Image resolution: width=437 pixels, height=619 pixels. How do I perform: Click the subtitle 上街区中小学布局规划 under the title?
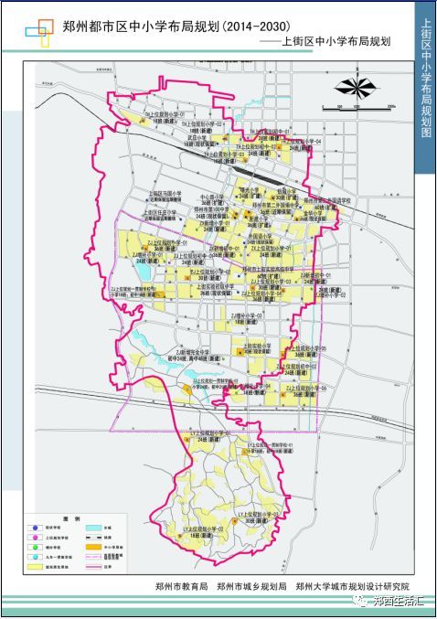tap(337, 42)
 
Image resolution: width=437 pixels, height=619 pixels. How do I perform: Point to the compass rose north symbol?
tap(354, 87)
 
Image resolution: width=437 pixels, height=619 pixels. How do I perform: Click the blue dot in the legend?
tap(34, 528)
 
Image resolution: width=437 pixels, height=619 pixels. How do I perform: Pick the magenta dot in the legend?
tap(34, 539)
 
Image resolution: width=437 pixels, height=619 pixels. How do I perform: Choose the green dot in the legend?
tap(34, 549)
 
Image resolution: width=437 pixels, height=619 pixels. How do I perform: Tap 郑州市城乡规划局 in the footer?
tap(252, 585)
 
